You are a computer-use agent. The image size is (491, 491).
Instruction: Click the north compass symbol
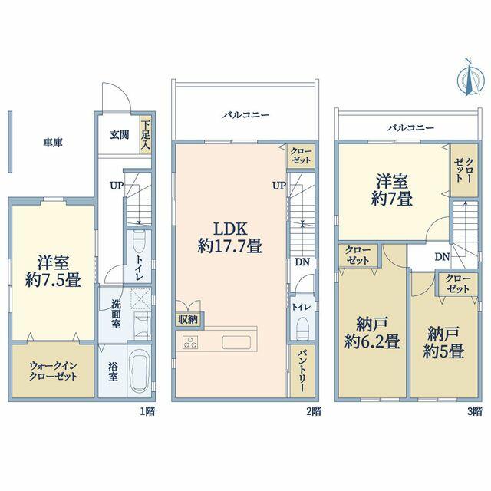(x=469, y=79)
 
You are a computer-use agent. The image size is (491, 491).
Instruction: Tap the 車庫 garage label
(x=53, y=143)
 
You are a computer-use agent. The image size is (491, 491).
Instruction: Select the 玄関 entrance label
(x=120, y=135)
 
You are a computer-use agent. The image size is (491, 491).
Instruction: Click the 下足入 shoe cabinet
(x=145, y=135)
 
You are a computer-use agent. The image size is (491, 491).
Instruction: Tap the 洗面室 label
(x=116, y=314)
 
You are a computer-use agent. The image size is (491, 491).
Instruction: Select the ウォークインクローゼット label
(x=53, y=371)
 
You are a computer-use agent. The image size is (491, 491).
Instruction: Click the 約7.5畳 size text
(x=53, y=279)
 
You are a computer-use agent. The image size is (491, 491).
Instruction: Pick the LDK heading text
(x=230, y=229)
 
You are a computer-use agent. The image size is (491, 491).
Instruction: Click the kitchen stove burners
(x=190, y=341)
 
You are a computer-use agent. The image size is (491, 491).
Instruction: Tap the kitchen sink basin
(x=236, y=342)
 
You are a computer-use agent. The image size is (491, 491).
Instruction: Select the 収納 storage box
(x=188, y=319)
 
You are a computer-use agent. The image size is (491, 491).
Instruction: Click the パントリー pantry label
(x=302, y=371)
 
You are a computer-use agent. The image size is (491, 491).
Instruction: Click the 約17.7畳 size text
(x=230, y=245)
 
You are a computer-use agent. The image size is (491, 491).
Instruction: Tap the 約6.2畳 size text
(x=372, y=341)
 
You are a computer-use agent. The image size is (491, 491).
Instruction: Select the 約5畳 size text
(x=443, y=351)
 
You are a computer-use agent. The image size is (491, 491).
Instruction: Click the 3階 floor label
(x=475, y=411)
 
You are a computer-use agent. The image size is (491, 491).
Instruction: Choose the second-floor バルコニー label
(x=245, y=115)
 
